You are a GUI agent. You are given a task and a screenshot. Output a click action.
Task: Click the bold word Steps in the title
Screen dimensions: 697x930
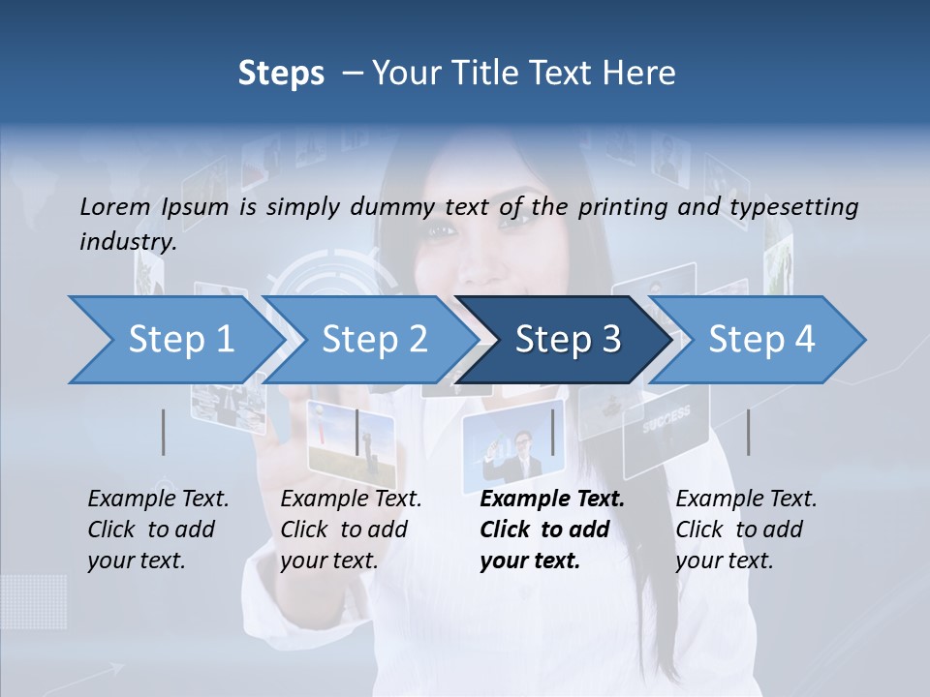click(281, 74)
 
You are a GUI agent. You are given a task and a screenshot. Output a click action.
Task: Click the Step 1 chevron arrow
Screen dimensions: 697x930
click(174, 340)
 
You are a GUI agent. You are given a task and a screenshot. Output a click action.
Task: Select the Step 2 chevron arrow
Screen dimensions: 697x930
click(373, 340)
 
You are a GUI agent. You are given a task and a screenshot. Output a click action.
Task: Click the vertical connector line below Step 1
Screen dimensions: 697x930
click(164, 432)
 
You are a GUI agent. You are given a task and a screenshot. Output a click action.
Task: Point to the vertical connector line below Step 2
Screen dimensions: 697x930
click(357, 432)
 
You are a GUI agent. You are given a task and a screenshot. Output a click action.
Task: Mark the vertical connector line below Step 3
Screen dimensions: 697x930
click(553, 432)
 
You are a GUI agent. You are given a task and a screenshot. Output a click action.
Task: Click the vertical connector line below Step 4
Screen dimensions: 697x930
click(748, 432)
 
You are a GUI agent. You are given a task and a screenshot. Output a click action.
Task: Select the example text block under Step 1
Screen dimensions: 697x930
click(158, 530)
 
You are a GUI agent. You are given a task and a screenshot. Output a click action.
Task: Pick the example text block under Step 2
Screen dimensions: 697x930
click(351, 530)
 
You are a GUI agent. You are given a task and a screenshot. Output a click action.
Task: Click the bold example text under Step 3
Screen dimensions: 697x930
click(552, 530)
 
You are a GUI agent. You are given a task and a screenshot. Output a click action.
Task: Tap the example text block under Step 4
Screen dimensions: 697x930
click(746, 530)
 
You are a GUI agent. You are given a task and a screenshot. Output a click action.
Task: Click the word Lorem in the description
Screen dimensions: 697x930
click(114, 206)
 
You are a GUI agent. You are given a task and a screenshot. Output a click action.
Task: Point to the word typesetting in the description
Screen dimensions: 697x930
click(793, 207)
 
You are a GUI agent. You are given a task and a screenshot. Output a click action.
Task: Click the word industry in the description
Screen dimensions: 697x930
click(127, 242)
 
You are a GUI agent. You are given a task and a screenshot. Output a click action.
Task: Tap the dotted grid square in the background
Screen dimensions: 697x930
click(34, 600)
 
